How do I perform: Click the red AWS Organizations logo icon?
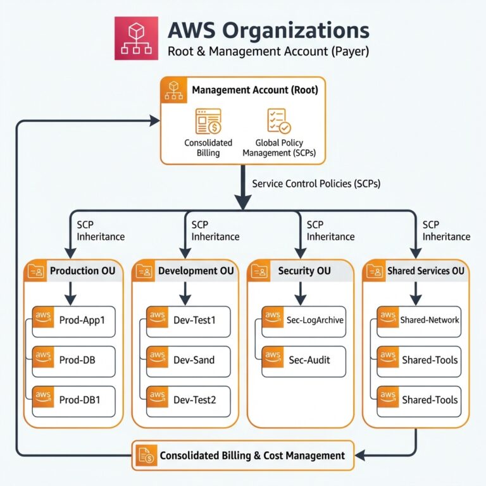pos(136,39)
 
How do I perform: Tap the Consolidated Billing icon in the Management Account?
pos(208,121)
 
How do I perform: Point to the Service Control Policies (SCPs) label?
pos(316,184)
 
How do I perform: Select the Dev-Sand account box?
pos(184,360)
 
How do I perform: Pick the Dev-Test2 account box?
pos(184,400)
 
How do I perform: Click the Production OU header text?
pos(82,271)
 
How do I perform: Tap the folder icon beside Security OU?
pos(260,271)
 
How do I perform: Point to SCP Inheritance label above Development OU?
pos(215,230)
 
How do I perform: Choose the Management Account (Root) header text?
pos(254,90)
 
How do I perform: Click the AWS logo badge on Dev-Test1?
pos(157,316)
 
